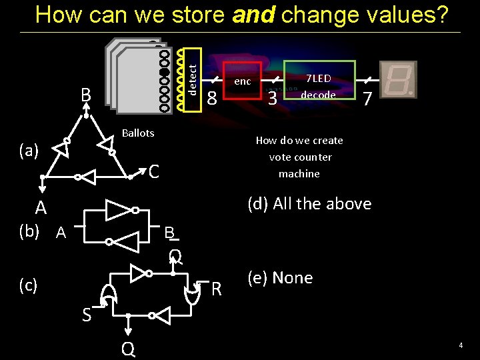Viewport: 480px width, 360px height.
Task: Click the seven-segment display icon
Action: pos(398,79)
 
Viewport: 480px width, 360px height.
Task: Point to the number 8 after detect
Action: pos(211,99)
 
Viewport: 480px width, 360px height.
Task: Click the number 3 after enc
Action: pos(272,99)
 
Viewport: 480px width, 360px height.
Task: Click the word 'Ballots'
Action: pos(138,133)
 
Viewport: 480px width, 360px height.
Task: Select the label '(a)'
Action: pos(29,151)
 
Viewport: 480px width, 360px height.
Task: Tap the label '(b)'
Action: pos(29,231)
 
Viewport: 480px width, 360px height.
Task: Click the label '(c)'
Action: pos(29,285)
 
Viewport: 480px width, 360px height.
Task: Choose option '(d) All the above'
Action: pos(309,204)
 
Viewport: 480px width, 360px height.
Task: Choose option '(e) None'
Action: pos(280,278)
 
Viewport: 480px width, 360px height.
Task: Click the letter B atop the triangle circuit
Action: pos(86,95)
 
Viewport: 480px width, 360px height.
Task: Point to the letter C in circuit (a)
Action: pos(153,173)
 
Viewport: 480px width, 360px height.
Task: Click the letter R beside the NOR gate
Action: pos(216,289)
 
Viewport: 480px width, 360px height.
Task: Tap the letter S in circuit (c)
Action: pos(87,315)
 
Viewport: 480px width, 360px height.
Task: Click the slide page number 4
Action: pos(460,345)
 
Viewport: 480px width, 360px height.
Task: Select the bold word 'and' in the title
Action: pos(254,15)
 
